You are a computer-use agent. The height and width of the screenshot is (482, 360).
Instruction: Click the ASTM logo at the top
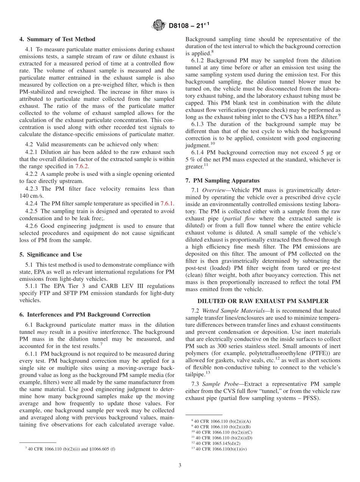pyautogui.click(x=158, y=25)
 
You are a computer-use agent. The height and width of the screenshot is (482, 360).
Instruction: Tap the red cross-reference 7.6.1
pyautogui.click(x=167, y=203)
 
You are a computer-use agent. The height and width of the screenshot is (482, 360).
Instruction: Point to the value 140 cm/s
pyautogui.click(x=31, y=196)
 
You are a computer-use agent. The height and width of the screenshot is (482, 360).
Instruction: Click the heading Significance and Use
pyautogui.click(x=50, y=254)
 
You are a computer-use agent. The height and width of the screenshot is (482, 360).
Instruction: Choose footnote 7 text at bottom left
pyautogui.click(x=70, y=449)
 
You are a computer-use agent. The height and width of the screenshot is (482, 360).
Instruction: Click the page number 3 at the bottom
pyautogui.click(x=180, y=466)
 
